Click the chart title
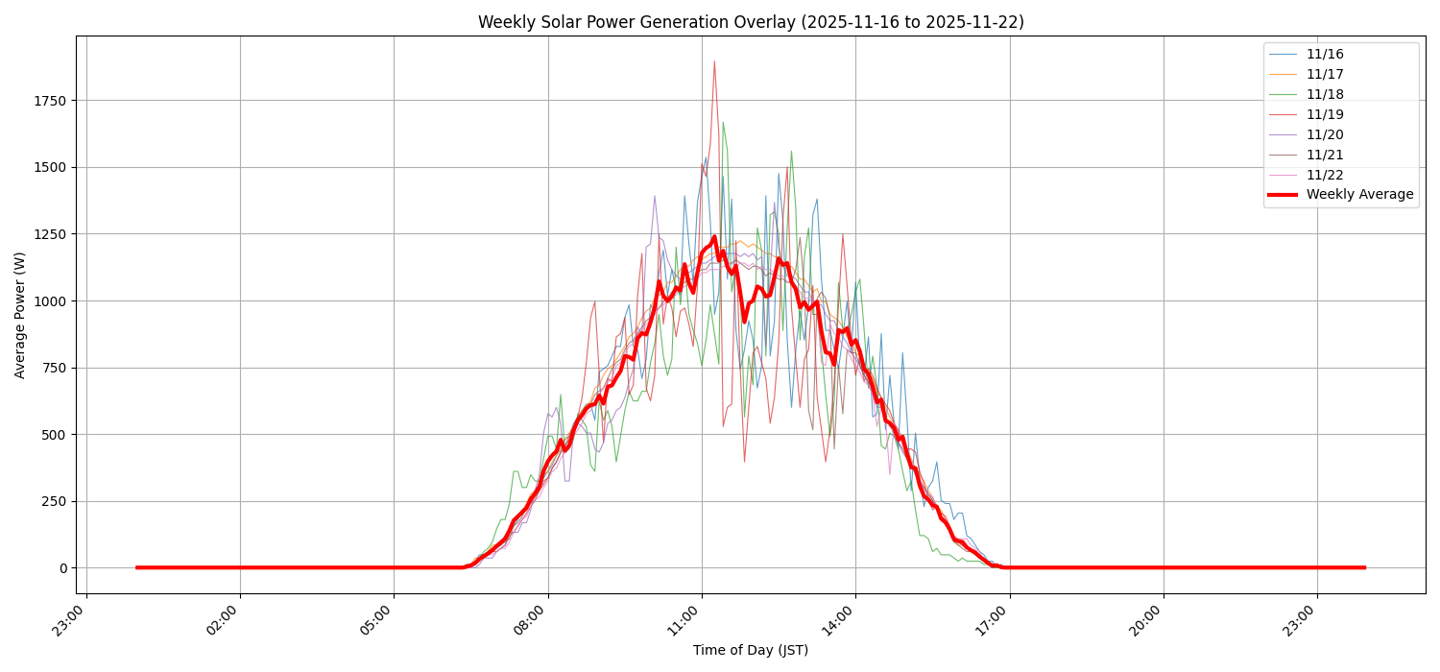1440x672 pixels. (751, 22)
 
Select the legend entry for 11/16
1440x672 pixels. (1325, 55)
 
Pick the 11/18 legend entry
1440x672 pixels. (1325, 94)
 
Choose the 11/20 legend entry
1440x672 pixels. (1325, 134)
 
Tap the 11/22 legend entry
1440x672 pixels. (1325, 175)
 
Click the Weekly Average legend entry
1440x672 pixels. (1359, 195)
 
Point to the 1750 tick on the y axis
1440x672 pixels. (50, 101)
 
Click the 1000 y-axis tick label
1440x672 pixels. (50, 301)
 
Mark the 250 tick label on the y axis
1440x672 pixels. (54, 501)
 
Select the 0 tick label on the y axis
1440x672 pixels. (62, 568)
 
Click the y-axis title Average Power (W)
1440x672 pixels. (20, 315)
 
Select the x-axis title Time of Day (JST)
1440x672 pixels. (751, 651)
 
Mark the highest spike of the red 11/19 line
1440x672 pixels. (714, 61)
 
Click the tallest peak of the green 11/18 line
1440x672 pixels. (723, 122)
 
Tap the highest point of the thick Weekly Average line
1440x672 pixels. (714, 236)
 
